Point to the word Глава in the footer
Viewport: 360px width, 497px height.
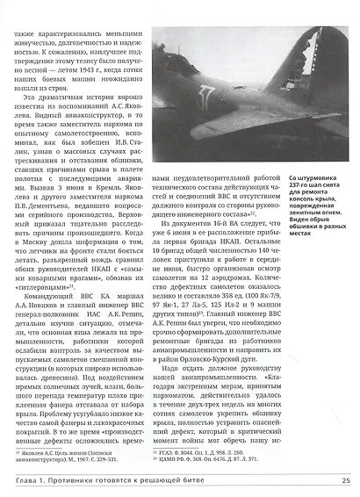coord(22,479)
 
